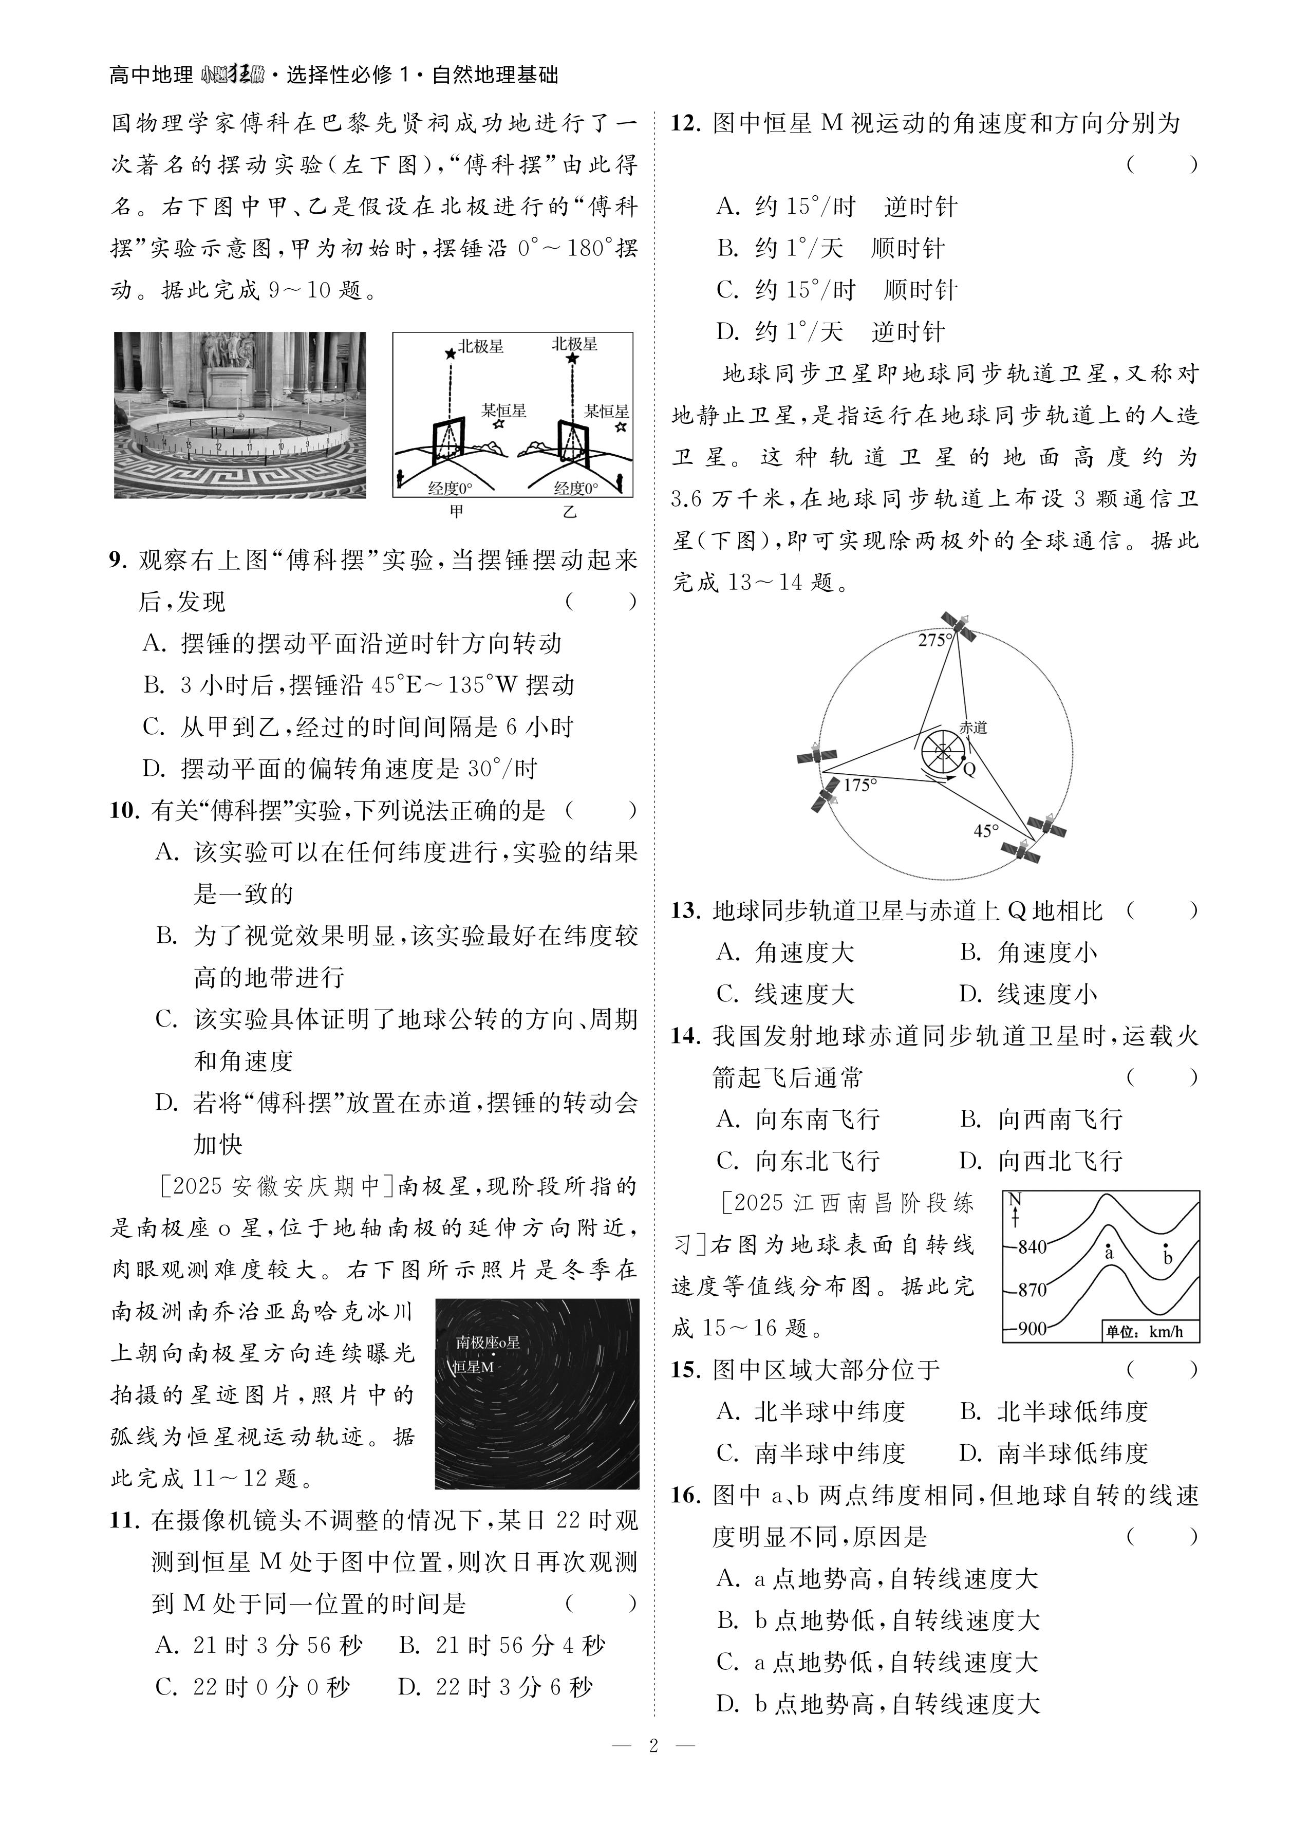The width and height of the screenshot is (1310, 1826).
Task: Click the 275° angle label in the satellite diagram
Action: (935, 640)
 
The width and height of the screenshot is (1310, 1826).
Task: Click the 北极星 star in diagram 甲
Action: (450, 352)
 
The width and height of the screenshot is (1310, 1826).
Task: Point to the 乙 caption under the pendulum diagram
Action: (570, 511)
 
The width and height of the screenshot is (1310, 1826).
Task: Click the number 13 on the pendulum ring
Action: (188, 443)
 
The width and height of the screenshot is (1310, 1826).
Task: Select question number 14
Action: (685, 1036)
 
